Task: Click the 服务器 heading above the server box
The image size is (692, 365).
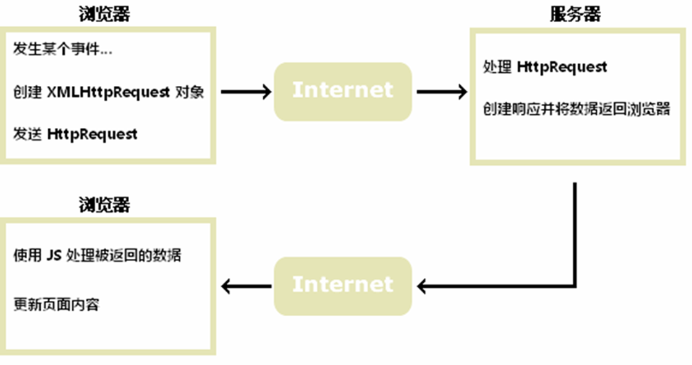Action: [575, 14]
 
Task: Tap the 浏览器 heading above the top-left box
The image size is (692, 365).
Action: [104, 14]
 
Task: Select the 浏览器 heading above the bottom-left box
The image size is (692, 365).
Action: [104, 204]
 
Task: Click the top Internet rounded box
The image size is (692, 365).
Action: [343, 91]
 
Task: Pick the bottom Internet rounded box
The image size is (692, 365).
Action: [343, 285]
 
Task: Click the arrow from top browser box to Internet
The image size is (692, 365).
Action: [246, 92]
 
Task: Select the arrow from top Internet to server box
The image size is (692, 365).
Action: [441, 92]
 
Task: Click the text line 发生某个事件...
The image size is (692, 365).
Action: [62, 50]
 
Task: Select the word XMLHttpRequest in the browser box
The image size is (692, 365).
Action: [108, 92]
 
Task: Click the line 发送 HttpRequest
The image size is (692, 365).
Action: [75, 134]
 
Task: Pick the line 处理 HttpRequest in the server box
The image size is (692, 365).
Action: [545, 67]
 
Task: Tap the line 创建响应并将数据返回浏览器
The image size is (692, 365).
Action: [576, 110]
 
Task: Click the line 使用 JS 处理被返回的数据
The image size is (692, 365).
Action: [97, 254]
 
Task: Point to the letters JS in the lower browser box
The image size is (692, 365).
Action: [54, 254]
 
